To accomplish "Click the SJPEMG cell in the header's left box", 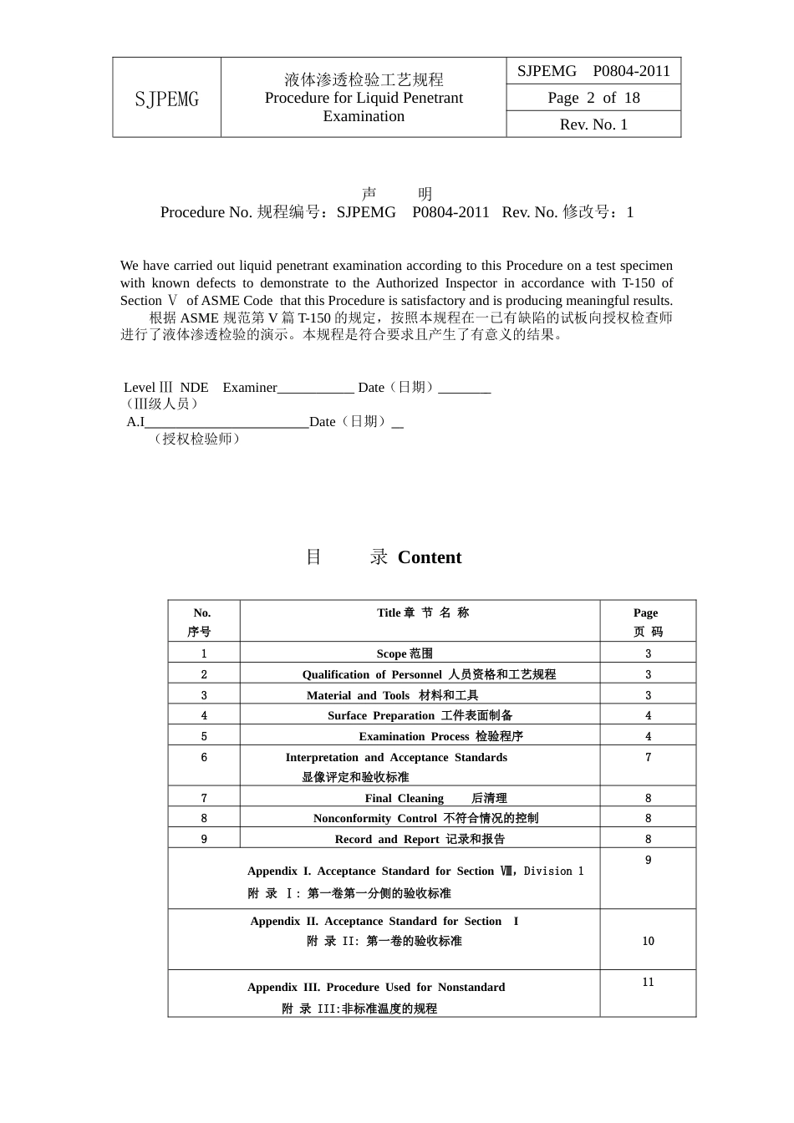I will [x=167, y=99].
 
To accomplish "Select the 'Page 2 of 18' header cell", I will [x=593, y=98].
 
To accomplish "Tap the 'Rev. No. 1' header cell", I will [x=593, y=124].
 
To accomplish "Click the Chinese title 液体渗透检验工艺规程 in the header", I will [x=364, y=79].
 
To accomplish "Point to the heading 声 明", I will [x=397, y=194].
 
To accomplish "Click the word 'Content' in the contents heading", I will [x=430, y=557].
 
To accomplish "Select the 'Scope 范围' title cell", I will [x=405, y=653].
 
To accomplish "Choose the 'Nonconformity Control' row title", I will [x=425, y=818].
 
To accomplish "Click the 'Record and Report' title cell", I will [x=420, y=839].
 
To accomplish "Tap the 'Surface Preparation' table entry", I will [x=420, y=715].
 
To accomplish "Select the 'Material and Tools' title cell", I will [x=392, y=695].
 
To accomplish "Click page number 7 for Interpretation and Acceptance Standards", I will [x=648, y=757].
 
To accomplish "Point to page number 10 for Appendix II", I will [x=648, y=941].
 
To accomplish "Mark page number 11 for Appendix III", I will [x=648, y=982].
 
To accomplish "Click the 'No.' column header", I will [x=202, y=612].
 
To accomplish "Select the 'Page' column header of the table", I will [x=646, y=612].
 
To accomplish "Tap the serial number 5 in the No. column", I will [x=204, y=736].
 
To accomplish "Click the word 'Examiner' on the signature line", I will [x=250, y=388].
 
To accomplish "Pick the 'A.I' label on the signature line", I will [x=135, y=422].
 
